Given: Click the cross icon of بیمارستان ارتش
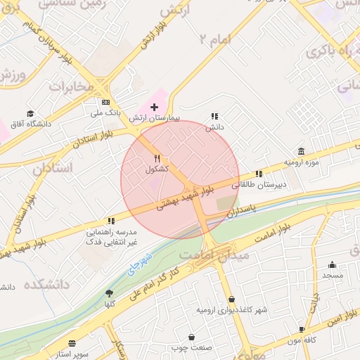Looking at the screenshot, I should pyautogui.click(x=155, y=106).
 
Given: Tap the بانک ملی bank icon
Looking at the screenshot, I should pyautogui.click(x=106, y=102).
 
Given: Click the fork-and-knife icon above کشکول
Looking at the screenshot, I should pyautogui.click(x=157, y=159).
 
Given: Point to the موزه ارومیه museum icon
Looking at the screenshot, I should pyautogui.click(x=301, y=152).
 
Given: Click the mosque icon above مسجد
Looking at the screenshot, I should pyautogui.click(x=332, y=265).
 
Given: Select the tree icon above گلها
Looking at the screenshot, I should pyautogui.click(x=109, y=293).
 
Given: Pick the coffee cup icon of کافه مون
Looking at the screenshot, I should pyautogui.click(x=302, y=329).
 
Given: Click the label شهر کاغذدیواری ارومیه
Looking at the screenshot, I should pyautogui.click(x=231, y=309).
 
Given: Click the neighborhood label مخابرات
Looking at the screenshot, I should pyautogui.click(x=70, y=86).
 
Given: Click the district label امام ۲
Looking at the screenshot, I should pyautogui.click(x=214, y=39).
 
